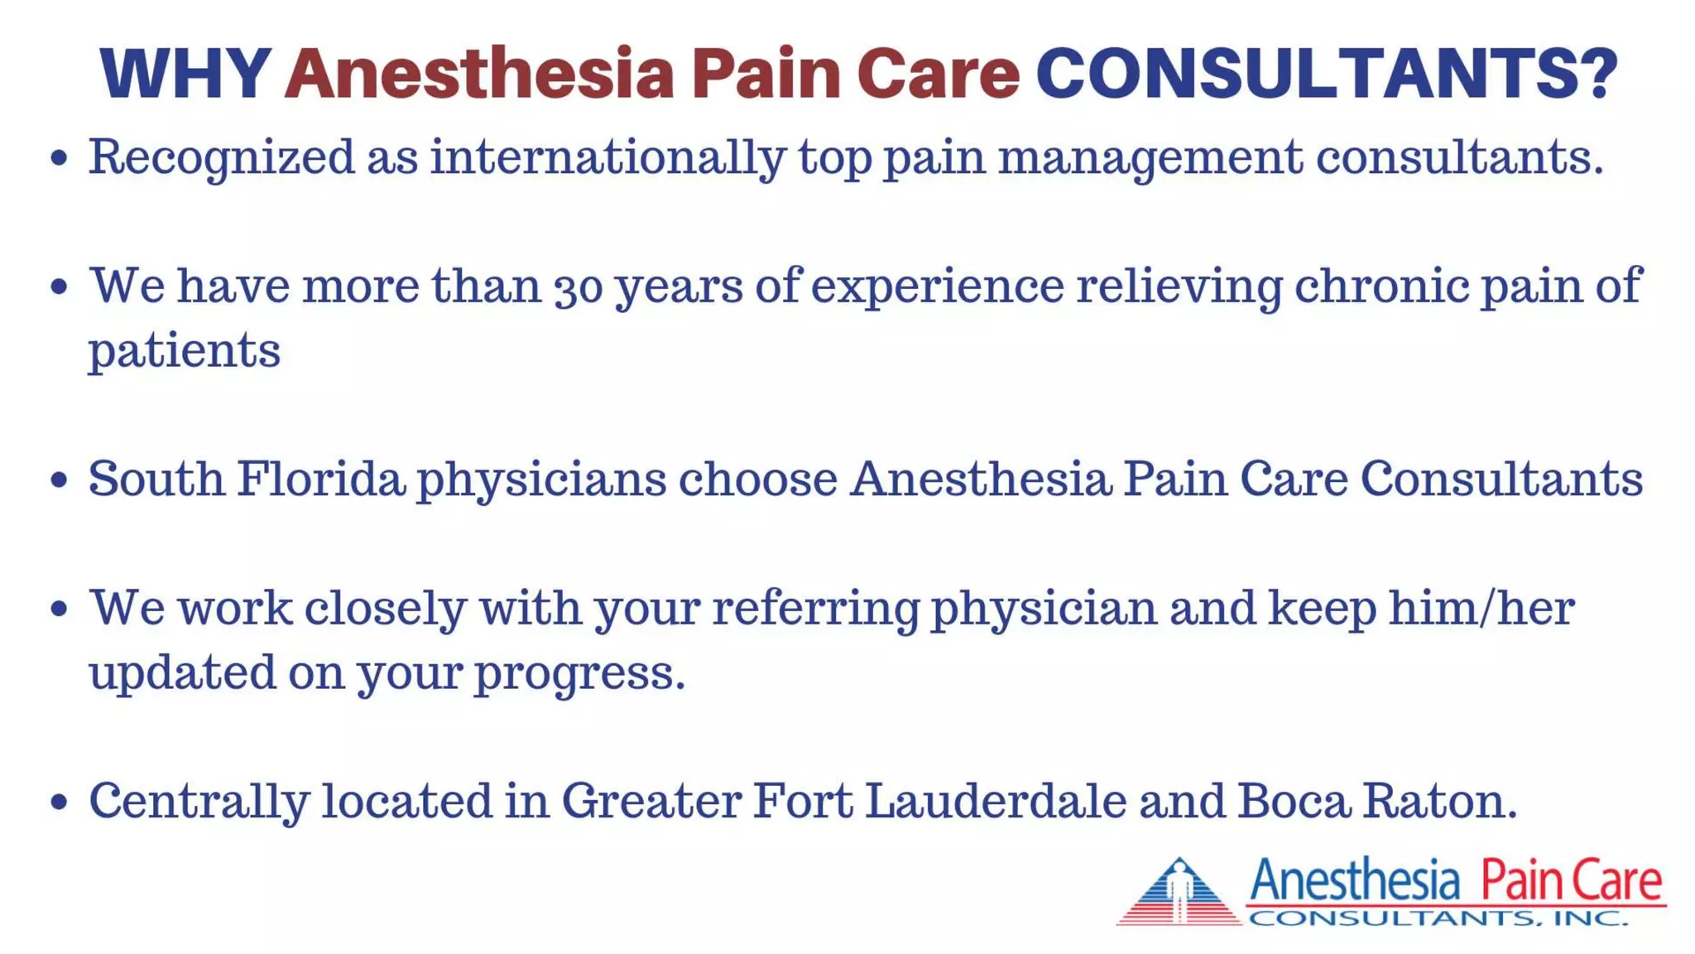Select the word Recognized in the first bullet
[x=221, y=157]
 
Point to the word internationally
[x=607, y=157]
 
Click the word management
[x=1150, y=157]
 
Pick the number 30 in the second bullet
[x=578, y=287]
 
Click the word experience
[x=937, y=287]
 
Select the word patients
[x=185, y=351]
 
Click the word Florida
[x=321, y=479]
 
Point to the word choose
[x=757, y=479]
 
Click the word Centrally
[x=199, y=802]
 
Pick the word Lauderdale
[x=996, y=802]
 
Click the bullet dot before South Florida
[x=59, y=480]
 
